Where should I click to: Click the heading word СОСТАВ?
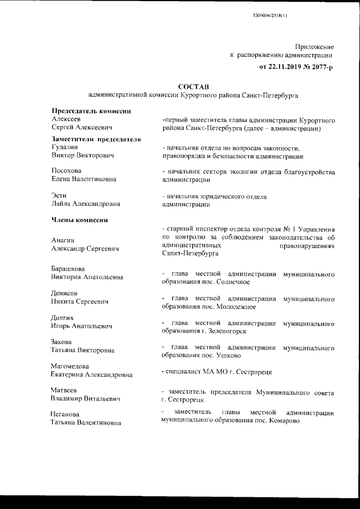click(193, 87)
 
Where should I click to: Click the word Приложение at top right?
click(314, 46)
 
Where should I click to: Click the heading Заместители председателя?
click(95, 139)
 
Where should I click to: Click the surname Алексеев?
click(66, 120)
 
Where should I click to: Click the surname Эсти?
click(59, 195)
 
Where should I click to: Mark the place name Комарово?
click(287, 421)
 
